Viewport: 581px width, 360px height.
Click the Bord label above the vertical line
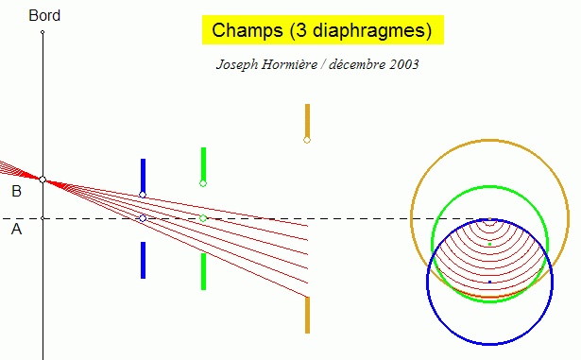pyautogui.click(x=43, y=16)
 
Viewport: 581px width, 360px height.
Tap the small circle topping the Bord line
pyautogui.click(x=43, y=32)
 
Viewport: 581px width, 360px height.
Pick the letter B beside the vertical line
pyautogui.click(x=16, y=191)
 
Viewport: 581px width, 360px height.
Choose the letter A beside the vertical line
pyautogui.click(x=16, y=229)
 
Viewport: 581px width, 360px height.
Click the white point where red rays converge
pyautogui.click(x=43, y=180)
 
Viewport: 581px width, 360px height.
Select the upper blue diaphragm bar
pyautogui.click(x=143, y=175)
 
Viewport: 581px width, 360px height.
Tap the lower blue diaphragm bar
pyautogui.click(x=143, y=260)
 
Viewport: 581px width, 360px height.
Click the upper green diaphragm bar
pyautogui.click(x=203, y=163)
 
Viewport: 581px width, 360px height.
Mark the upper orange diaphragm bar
pyautogui.click(x=307, y=120)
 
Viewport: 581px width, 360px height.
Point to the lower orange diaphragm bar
pyautogui.click(x=307, y=315)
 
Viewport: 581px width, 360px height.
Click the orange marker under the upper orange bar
pyautogui.click(x=307, y=140)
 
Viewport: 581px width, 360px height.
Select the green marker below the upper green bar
pyautogui.click(x=203, y=183)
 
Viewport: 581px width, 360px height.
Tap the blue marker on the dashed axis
pyautogui.click(x=143, y=218)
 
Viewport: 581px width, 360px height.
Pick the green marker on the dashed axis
pyautogui.click(x=203, y=218)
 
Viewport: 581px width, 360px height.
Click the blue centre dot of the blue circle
pyautogui.click(x=489, y=282)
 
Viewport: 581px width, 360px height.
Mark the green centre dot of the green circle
pyautogui.click(x=489, y=244)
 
